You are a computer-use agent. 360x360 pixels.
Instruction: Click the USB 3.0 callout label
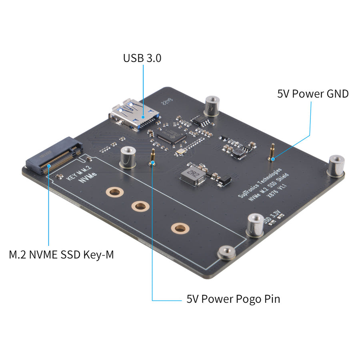142,58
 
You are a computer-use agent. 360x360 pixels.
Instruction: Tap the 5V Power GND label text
313,94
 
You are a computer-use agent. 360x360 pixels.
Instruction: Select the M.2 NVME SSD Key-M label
61,254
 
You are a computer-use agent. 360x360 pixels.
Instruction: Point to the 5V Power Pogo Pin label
233,299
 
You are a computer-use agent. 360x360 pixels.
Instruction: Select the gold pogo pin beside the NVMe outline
152,157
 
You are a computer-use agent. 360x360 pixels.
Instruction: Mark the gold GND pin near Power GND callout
273,152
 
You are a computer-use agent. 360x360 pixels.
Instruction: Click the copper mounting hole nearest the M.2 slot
114,192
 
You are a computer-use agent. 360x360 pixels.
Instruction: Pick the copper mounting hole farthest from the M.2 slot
179,228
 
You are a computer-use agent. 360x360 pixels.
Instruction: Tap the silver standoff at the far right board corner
336,165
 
